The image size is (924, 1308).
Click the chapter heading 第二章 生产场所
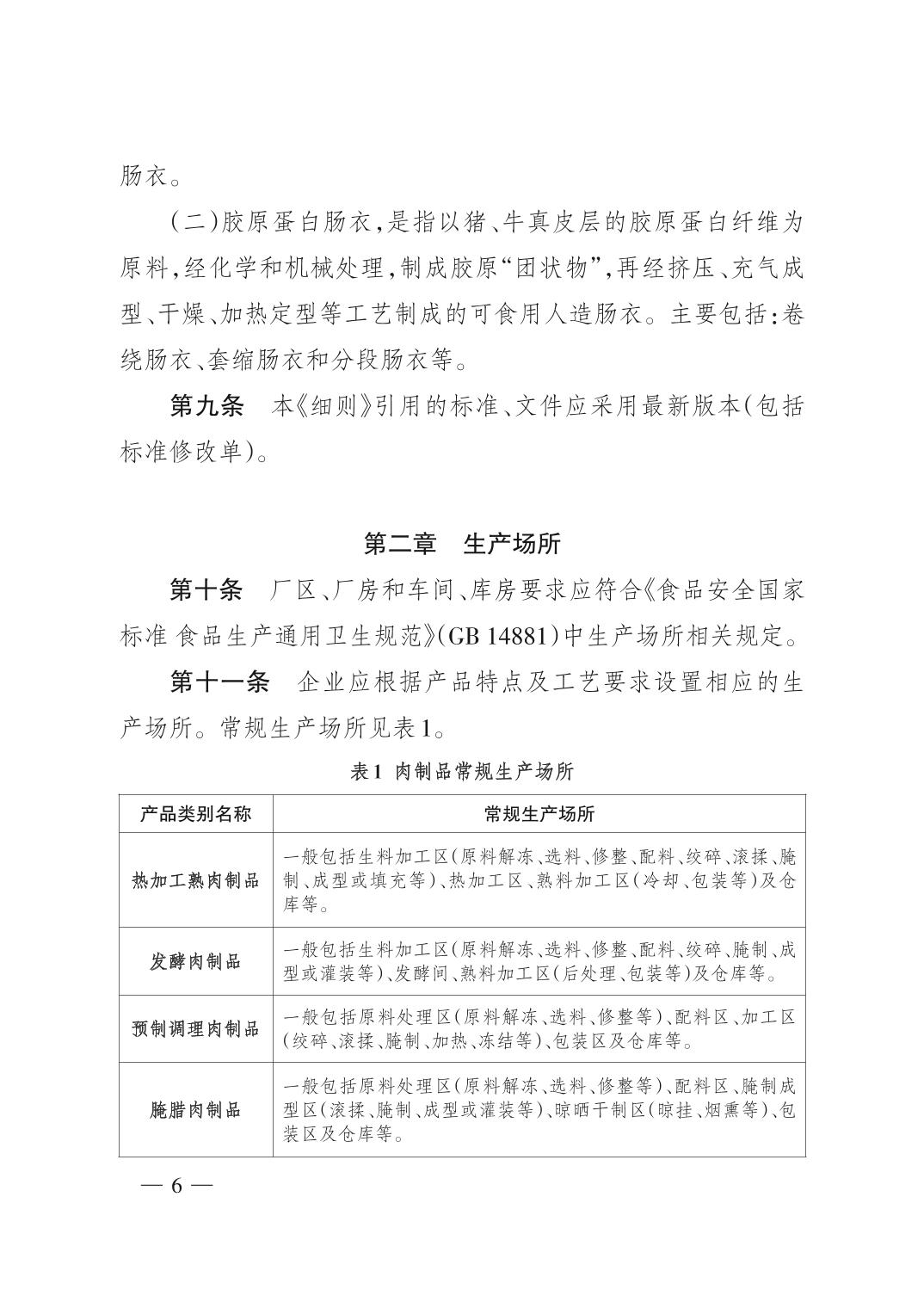click(x=462, y=544)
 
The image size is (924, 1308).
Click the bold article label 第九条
click(x=207, y=405)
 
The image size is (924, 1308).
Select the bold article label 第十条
click(x=207, y=590)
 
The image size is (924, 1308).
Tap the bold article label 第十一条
click(x=220, y=682)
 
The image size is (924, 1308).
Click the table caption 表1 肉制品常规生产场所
click(x=462, y=771)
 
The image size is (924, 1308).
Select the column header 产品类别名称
click(x=196, y=813)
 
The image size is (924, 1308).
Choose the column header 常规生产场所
click(x=539, y=813)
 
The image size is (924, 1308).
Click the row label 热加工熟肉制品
click(x=196, y=880)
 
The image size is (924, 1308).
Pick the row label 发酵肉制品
click(x=196, y=961)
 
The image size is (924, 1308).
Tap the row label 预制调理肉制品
click(x=196, y=1028)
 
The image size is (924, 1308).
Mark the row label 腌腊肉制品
click(x=196, y=1110)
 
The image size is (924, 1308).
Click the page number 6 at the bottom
click(x=177, y=1185)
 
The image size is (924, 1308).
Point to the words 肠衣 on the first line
click(x=140, y=176)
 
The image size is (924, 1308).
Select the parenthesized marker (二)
click(x=195, y=222)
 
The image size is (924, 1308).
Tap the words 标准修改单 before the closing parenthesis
click(x=181, y=451)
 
